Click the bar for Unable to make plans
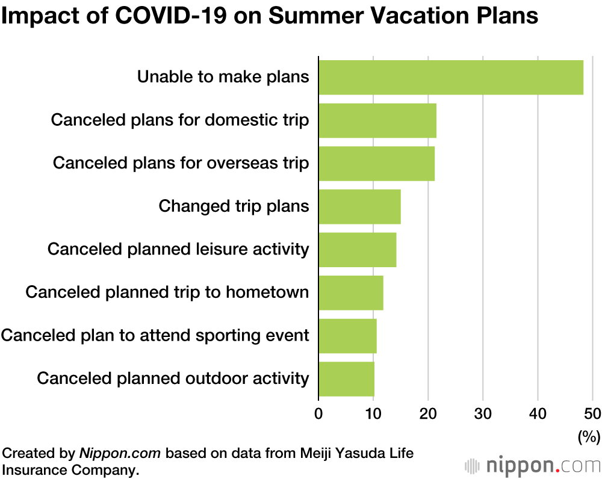tap(451, 78)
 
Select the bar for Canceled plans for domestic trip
tap(377, 120)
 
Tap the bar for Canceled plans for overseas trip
tap(377, 164)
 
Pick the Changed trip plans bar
tap(360, 206)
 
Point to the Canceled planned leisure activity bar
tap(358, 250)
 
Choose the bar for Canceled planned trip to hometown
tap(351, 292)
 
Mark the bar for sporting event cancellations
tap(347, 336)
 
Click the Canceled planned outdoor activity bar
tap(346, 379)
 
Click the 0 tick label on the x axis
tap(318, 414)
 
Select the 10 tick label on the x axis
tap(373, 414)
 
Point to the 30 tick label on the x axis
tap(483, 414)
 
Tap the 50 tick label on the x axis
tap(592, 414)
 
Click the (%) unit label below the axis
tap(589, 436)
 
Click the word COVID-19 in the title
tap(171, 16)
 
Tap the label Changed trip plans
tap(234, 206)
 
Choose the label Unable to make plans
tap(223, 77)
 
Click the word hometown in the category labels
tap(267, 292)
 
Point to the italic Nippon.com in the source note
tap(120, 453)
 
